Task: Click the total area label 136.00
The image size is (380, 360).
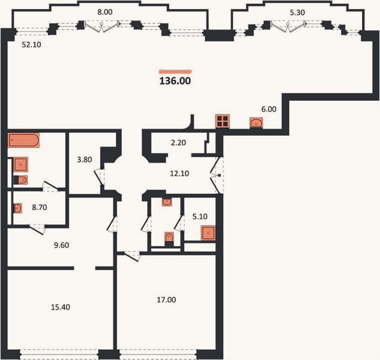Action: [175, 81]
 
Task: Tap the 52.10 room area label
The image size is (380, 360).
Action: [31, 44]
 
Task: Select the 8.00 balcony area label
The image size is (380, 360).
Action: [105, 12]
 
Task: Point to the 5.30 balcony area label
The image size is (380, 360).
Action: [297, 13]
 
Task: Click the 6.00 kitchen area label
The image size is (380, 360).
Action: [269, 109]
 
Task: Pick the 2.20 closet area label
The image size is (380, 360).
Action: [178, 143]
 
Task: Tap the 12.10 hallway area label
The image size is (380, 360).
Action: [179, 173]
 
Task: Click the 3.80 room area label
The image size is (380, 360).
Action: [84, 160]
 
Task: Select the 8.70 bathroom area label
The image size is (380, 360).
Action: [40, 208]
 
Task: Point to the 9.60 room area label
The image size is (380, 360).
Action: [62, 245]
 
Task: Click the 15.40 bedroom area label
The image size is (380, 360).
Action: [61, 307]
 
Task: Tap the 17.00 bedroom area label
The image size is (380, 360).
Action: [166, 300]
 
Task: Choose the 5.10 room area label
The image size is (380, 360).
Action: [200, 217]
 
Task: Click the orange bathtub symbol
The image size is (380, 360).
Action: [23, 140]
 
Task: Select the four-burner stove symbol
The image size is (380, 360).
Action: [223, 121]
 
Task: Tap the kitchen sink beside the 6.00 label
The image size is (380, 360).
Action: [256, 122]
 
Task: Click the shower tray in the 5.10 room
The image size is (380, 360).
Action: [208, 233]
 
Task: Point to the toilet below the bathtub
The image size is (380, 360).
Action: [21, 180]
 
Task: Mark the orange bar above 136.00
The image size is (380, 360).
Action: [175, 71]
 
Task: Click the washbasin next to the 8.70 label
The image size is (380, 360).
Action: [17, 208]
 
